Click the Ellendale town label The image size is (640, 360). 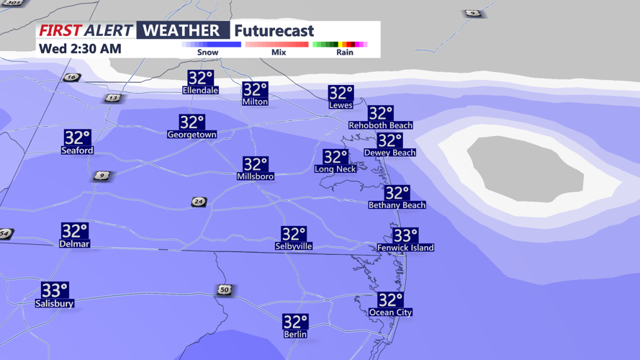point(200,90)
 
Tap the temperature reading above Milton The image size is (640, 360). point(255,89)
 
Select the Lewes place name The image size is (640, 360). point(341,105)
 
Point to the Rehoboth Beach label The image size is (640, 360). point(380,125)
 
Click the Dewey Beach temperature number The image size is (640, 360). point(389,140)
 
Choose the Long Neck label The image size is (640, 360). point(335,169)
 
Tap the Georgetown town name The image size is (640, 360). point(191,135)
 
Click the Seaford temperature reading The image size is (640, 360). point(77,137)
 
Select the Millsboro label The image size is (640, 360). point(255,176)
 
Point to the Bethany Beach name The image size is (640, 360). point(397,205)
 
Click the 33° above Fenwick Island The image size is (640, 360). point(405,235)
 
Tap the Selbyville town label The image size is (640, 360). point(294,246)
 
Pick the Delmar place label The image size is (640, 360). point(74,244)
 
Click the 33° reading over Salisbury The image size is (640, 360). point(55,290)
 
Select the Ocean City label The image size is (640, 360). point(390,312)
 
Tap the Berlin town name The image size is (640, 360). point(295,334)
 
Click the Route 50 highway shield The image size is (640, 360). point(225,290)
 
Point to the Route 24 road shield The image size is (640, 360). point(199,202)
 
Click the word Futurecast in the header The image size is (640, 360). point(274,31)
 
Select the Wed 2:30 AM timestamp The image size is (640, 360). point(80,49)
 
